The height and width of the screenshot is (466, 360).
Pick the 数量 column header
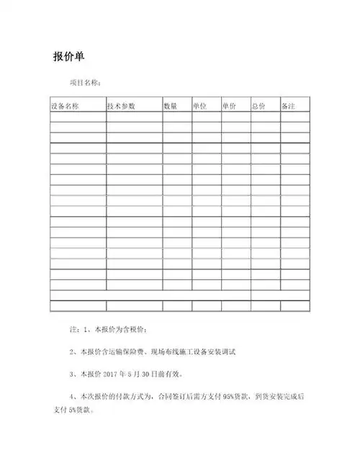[x=171, y=106]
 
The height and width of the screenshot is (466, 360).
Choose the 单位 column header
[x=200, y=106]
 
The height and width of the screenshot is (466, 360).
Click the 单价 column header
[x=230, y=106]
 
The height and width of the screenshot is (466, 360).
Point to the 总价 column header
[x=258, y=106]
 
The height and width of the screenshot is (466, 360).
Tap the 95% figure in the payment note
[x=231, y=396]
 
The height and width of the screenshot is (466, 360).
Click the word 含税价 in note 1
[x=133, y=330]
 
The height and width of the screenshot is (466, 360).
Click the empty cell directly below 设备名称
[x=78, y=117]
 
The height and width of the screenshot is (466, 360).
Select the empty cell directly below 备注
[x=294, y=117]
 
